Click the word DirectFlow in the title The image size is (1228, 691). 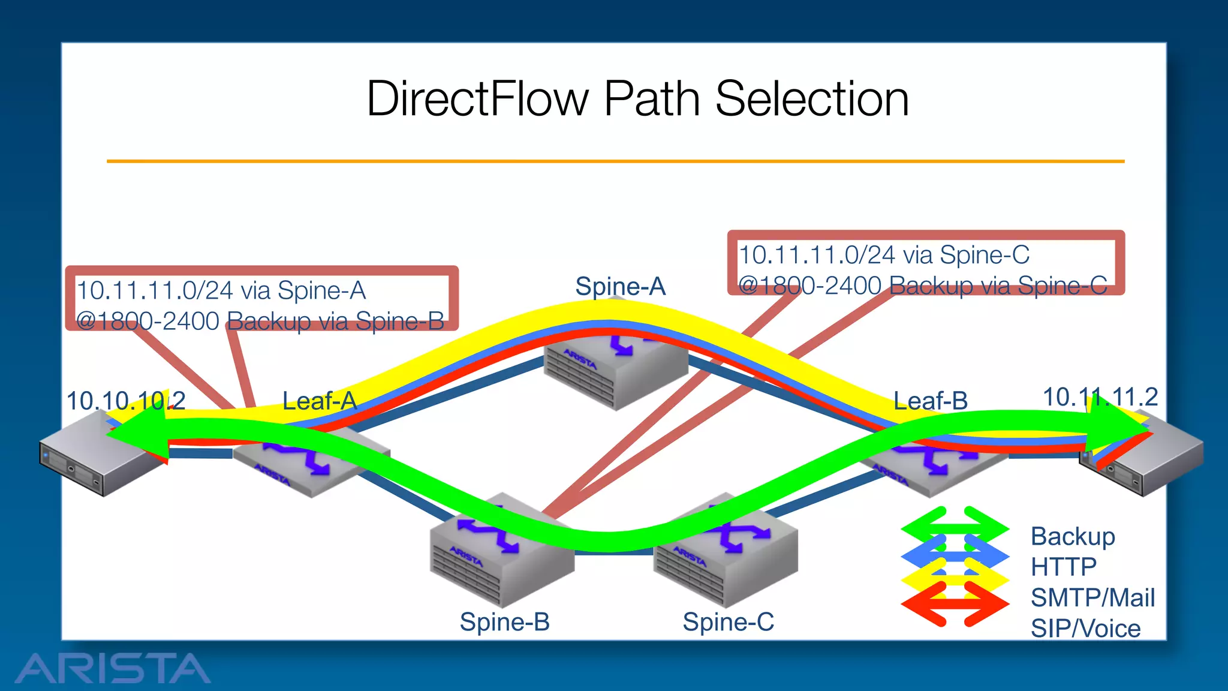click(477, 99)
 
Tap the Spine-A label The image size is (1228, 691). click(620, 287)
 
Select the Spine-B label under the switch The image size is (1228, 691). click(504, 622)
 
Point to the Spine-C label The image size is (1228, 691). click(728, 622)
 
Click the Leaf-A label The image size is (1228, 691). click(319, 401)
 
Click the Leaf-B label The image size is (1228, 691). click(930, 401)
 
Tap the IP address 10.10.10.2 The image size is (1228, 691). click(126, 401)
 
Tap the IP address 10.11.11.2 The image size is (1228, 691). click(1100, 397)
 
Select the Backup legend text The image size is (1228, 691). click(1072, 536)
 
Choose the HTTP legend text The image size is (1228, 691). click(1063, 567)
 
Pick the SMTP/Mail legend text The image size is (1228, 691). click(1092, 598)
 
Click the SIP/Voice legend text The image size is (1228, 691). click(1085, 629)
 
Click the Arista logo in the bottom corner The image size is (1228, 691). click(112, 668)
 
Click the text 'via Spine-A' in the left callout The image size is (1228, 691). click(303, 291)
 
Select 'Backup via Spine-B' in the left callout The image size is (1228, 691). click(336, 322)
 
